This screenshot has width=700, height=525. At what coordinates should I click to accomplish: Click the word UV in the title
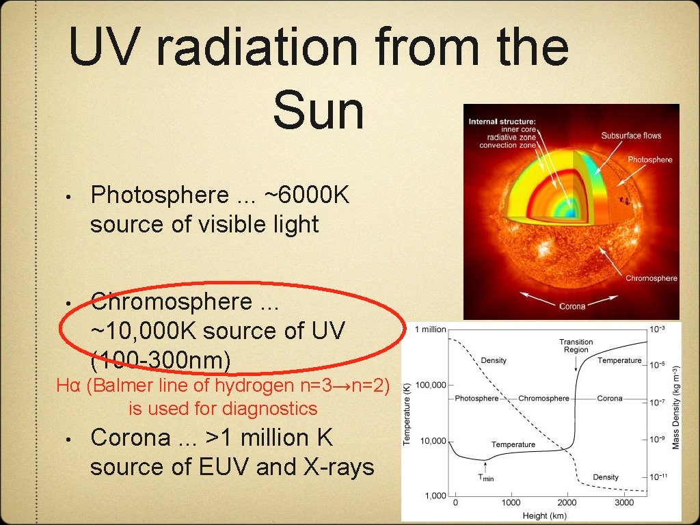click(x=109, y=48)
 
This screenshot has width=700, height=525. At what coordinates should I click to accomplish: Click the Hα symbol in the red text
click(x=69, y=386)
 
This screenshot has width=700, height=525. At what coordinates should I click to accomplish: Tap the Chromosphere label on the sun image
click(x=651, y=278)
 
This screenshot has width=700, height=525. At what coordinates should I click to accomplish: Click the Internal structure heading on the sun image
click(x=502, y=122)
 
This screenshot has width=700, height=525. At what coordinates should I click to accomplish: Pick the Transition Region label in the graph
click(x=576, y=345)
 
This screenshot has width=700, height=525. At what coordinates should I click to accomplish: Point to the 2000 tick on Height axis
click(x=567, y=502)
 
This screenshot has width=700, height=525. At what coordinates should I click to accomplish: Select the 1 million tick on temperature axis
click(x=430, y=329)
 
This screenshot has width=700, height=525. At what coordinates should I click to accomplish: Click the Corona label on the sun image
click(x=572, y=306)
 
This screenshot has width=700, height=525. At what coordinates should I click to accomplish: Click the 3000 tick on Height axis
click(x=623, y=502)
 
